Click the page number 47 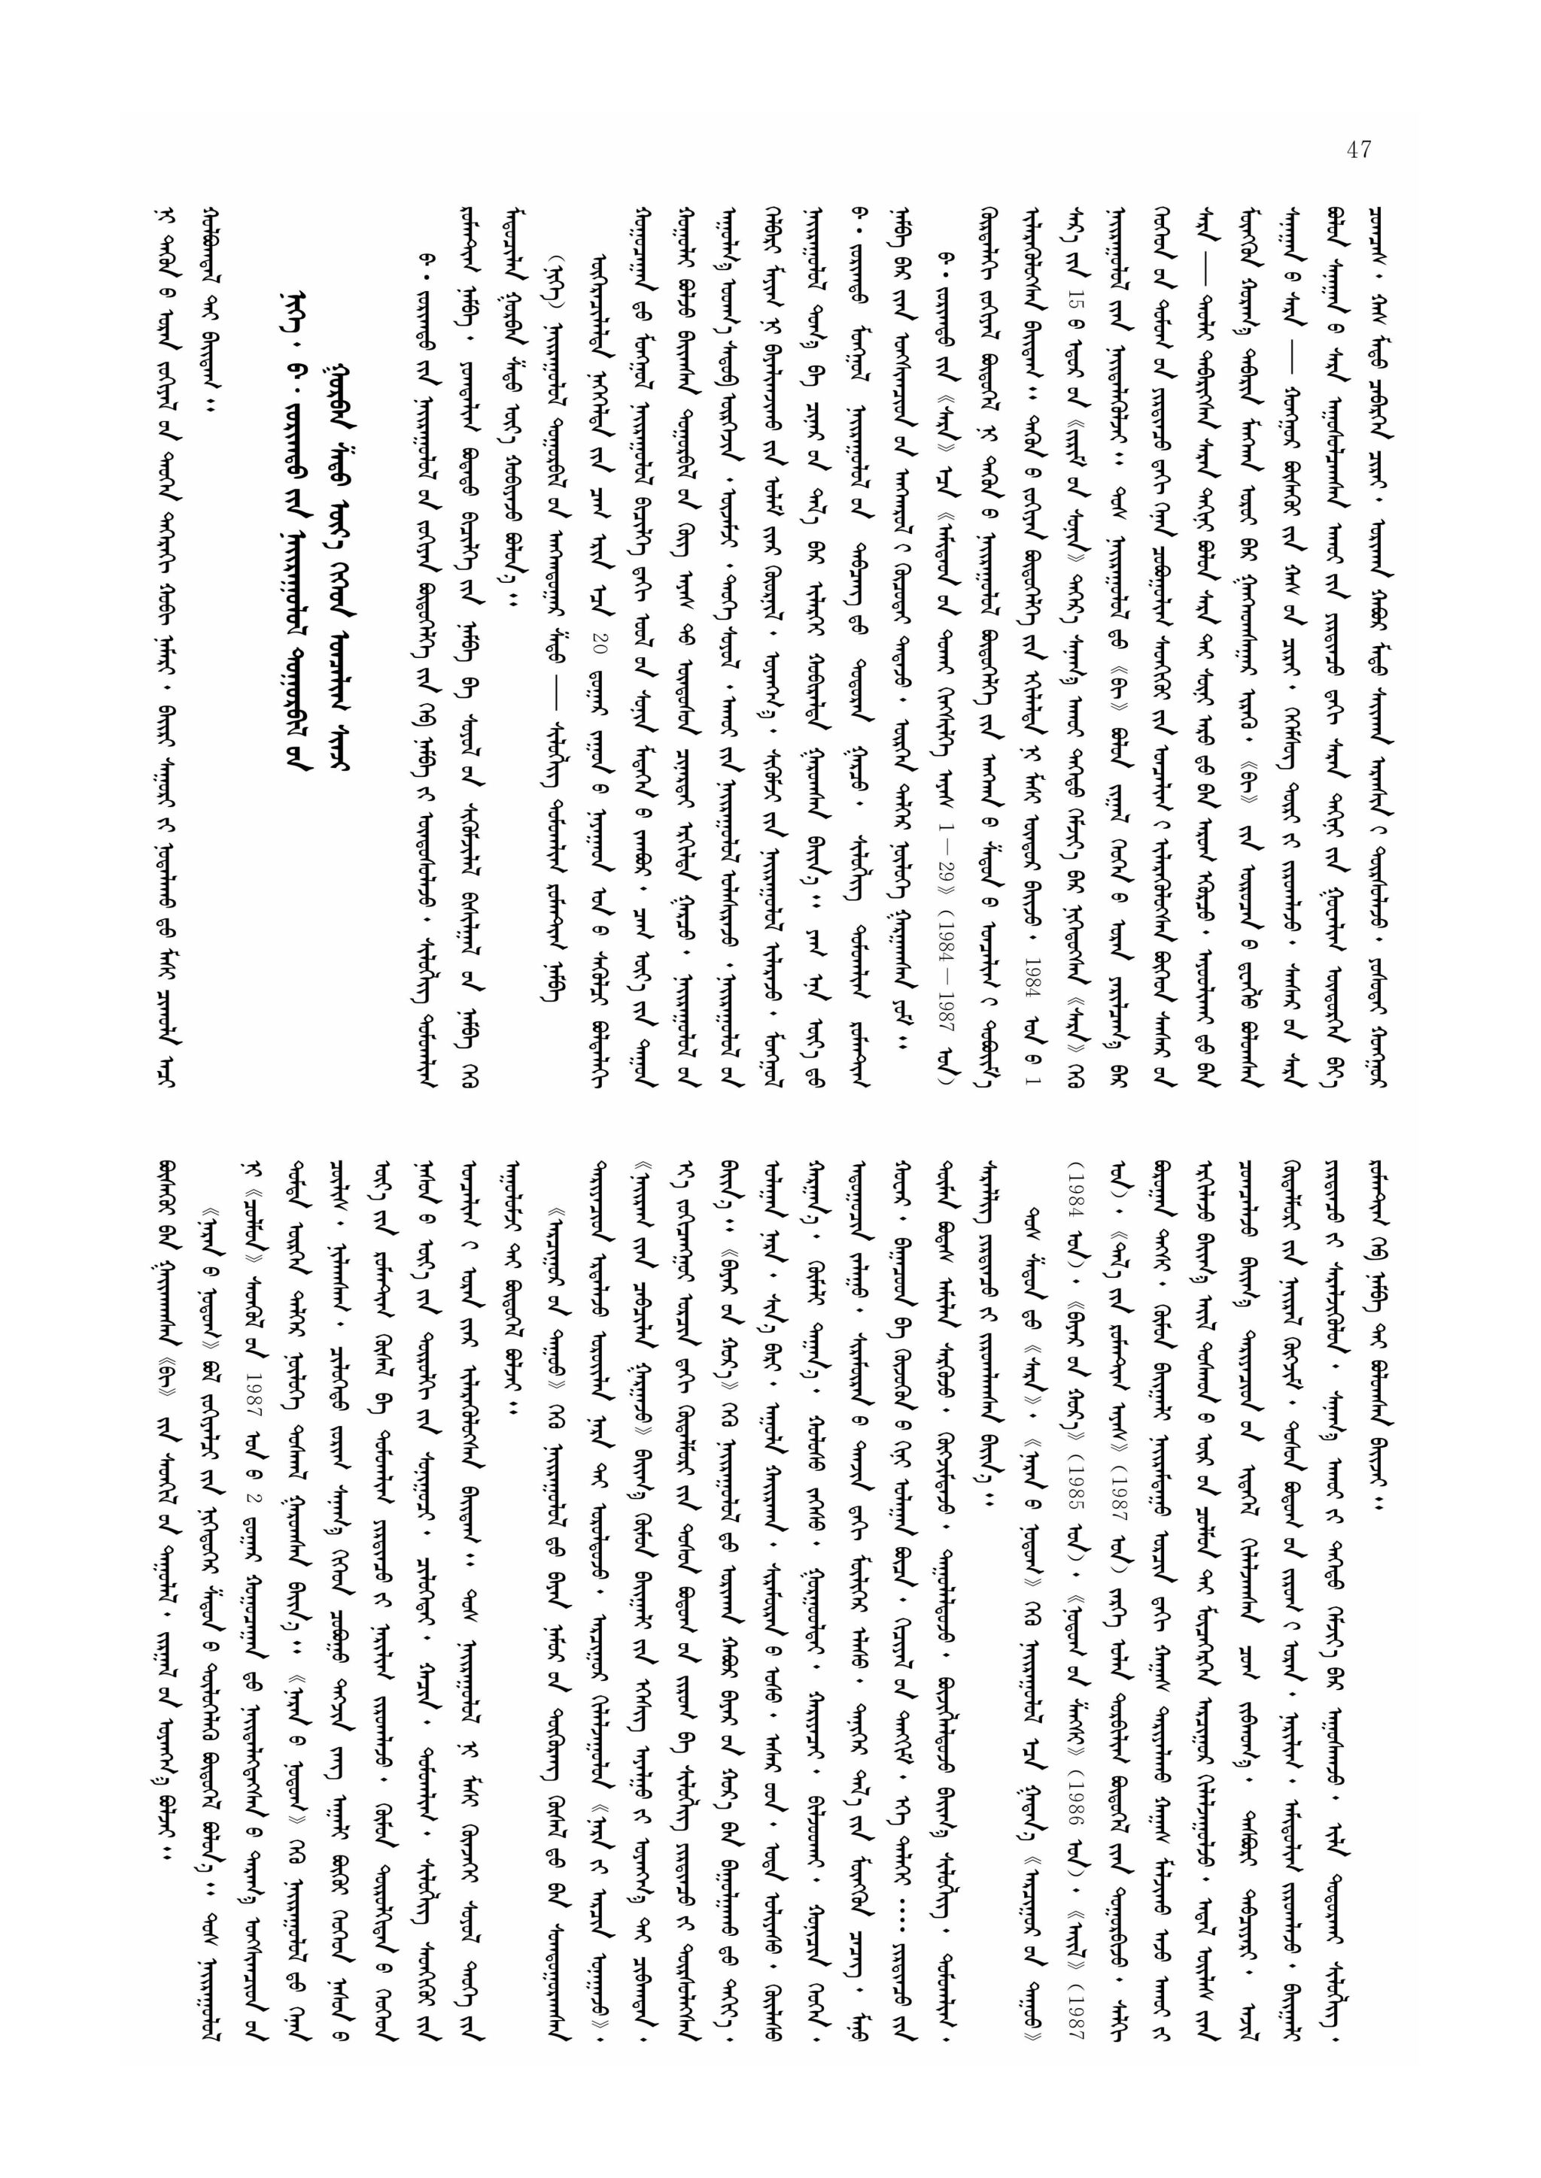coord(1358,150)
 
